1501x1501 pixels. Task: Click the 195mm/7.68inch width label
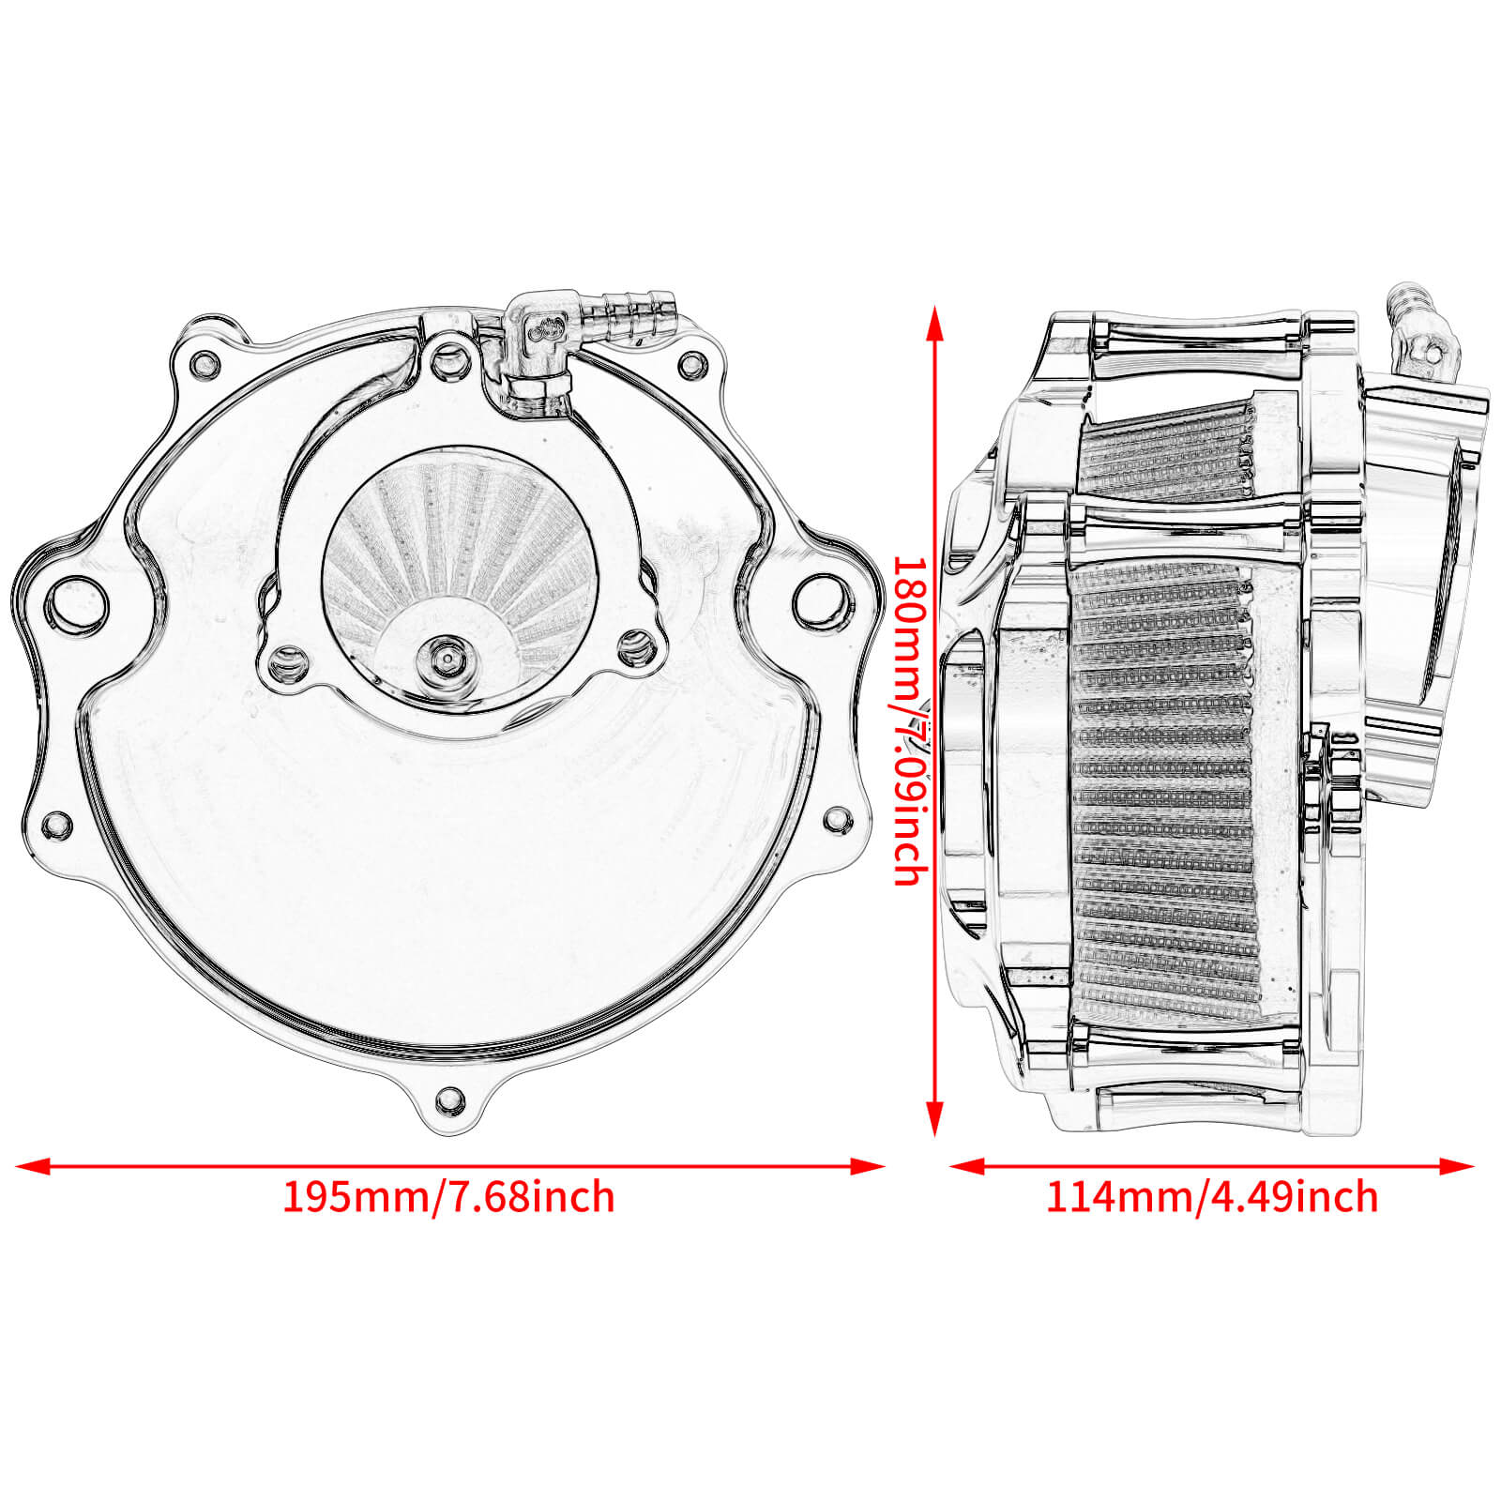(448, 1197)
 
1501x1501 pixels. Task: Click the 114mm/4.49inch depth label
(1212, 1197)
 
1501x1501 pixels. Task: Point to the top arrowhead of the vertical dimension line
(933, 319)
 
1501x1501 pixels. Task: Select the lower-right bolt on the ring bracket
(636, 644)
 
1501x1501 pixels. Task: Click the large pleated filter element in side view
(1163, 788)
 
